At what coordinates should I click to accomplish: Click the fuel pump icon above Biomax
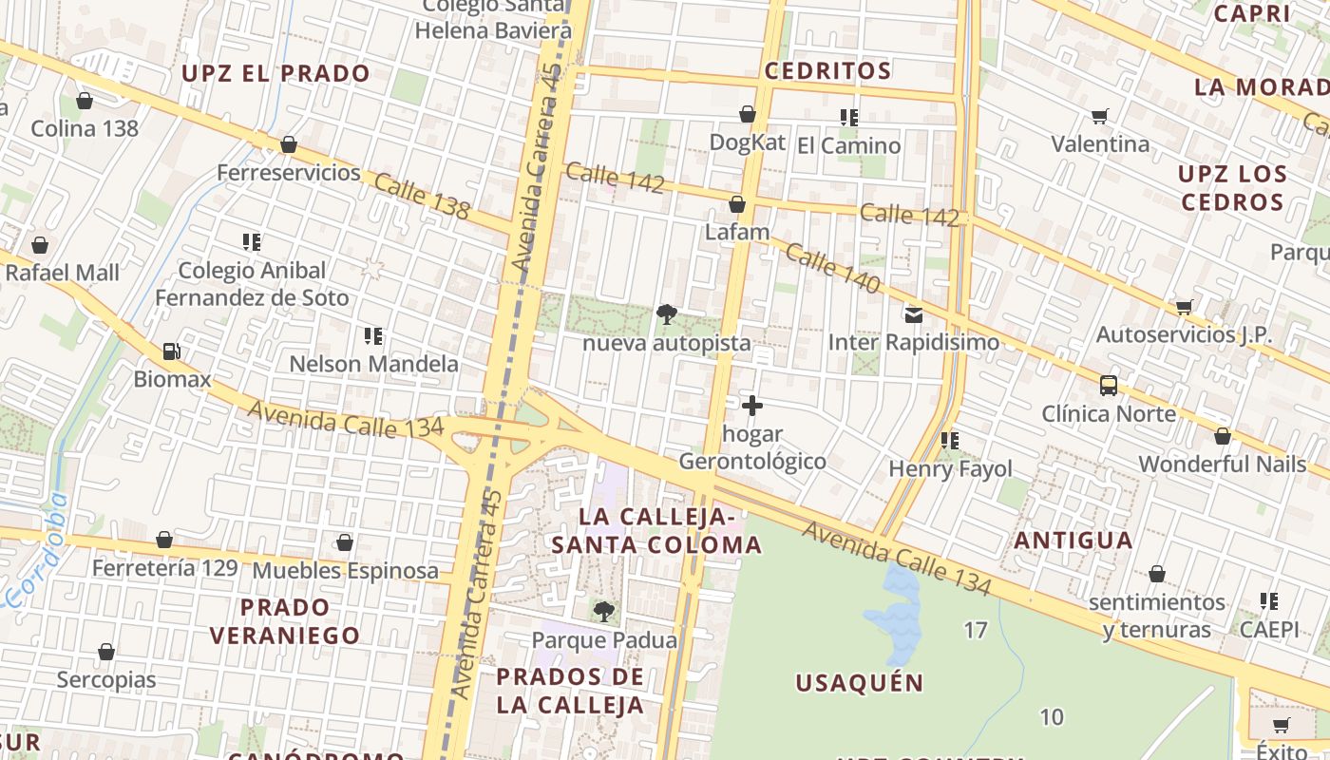(x=171, y=351)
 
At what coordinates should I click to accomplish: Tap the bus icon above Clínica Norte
(x=1109, y=385)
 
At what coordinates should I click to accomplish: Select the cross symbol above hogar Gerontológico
(x=752, y=406)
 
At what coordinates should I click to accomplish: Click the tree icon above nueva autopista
(x=667, y=314)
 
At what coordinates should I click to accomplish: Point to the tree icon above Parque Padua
(x=603, y=611)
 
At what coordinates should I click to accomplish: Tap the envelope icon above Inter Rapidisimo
(x=914, y=314)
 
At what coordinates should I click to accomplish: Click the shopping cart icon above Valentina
(x=1100, y=116)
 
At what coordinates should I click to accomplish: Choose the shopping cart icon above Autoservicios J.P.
(x=1184, y=307)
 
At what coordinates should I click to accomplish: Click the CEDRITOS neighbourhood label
(x=827, y=71)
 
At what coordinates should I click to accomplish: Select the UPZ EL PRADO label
(x=275, y=73)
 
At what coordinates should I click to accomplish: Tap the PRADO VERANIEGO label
(x=285, y=621)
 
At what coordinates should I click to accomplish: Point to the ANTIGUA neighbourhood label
(x=1073, y=541)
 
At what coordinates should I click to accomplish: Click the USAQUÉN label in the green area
(x=859, y=682)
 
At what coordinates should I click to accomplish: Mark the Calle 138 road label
(x=422, y=196)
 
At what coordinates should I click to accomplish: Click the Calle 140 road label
(x=832, y=269)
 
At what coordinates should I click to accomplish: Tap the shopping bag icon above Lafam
(x=737, y=204)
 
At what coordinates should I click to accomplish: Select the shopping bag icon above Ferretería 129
(x=164, y=540)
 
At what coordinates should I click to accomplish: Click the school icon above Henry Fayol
(x=950, y=441)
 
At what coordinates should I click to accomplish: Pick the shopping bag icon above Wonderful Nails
(x=1223, y=436)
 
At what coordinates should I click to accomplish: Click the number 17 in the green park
(x=976, y=630)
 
